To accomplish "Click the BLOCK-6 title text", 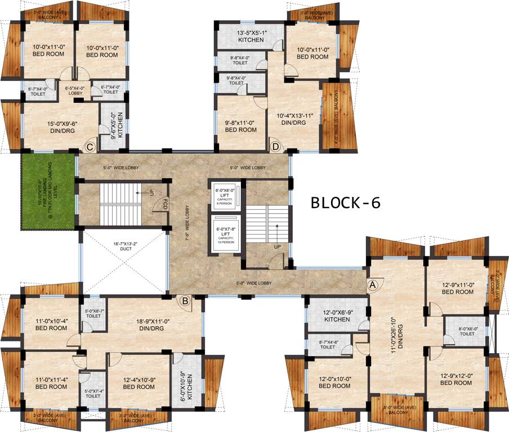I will (x=346, y=203).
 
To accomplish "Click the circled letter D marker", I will (x=275, y=147).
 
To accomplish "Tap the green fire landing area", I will (x=48, y=191).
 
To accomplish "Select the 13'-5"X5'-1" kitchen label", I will (x=251, y=37).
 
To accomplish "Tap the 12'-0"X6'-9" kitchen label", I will (x=337, y=316).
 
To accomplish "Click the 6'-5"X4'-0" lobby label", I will (x=75, y=90).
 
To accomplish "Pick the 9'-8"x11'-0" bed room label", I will (x=240, y=125).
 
